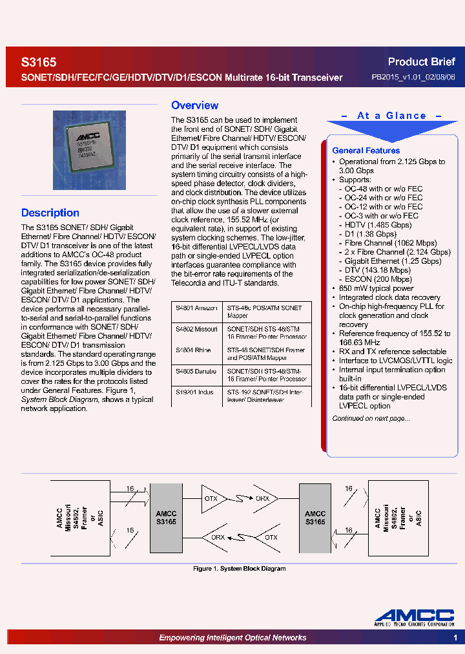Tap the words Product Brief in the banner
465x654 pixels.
[x=421, y=62]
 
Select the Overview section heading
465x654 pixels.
[x=194, y=105]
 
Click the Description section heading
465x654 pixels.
[x=50, y=213]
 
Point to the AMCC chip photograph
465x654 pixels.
[x=89, y=150]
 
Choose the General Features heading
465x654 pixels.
[x=366, y=151]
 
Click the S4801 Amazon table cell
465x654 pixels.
[x=196, y=309]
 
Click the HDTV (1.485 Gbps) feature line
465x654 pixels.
[x=378, y=225]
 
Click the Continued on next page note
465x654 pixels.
[x=371, y=418]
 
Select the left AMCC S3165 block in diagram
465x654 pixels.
[x=166, y=518]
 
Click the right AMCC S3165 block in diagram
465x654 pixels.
[x=315, y=518]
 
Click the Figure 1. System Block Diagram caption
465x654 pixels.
[x=240, y=569]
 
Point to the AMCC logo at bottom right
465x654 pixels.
[x=415, y=618]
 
